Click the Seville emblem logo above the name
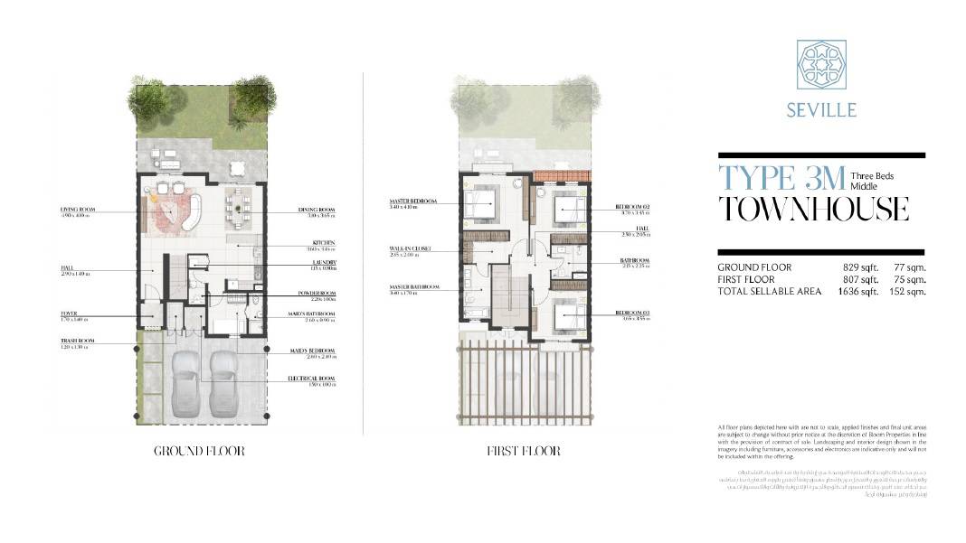821,65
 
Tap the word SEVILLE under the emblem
821,110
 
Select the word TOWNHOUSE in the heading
813,209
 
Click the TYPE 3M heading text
781,177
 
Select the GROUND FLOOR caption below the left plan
199,451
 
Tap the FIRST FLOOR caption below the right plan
523,451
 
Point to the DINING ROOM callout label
317,210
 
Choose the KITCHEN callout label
324,242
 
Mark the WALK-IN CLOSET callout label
411,248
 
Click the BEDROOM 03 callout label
633,313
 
